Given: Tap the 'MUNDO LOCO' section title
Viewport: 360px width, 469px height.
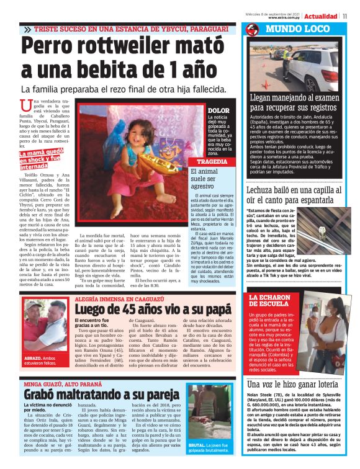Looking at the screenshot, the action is pyautogui.click(x=290, y=29).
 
